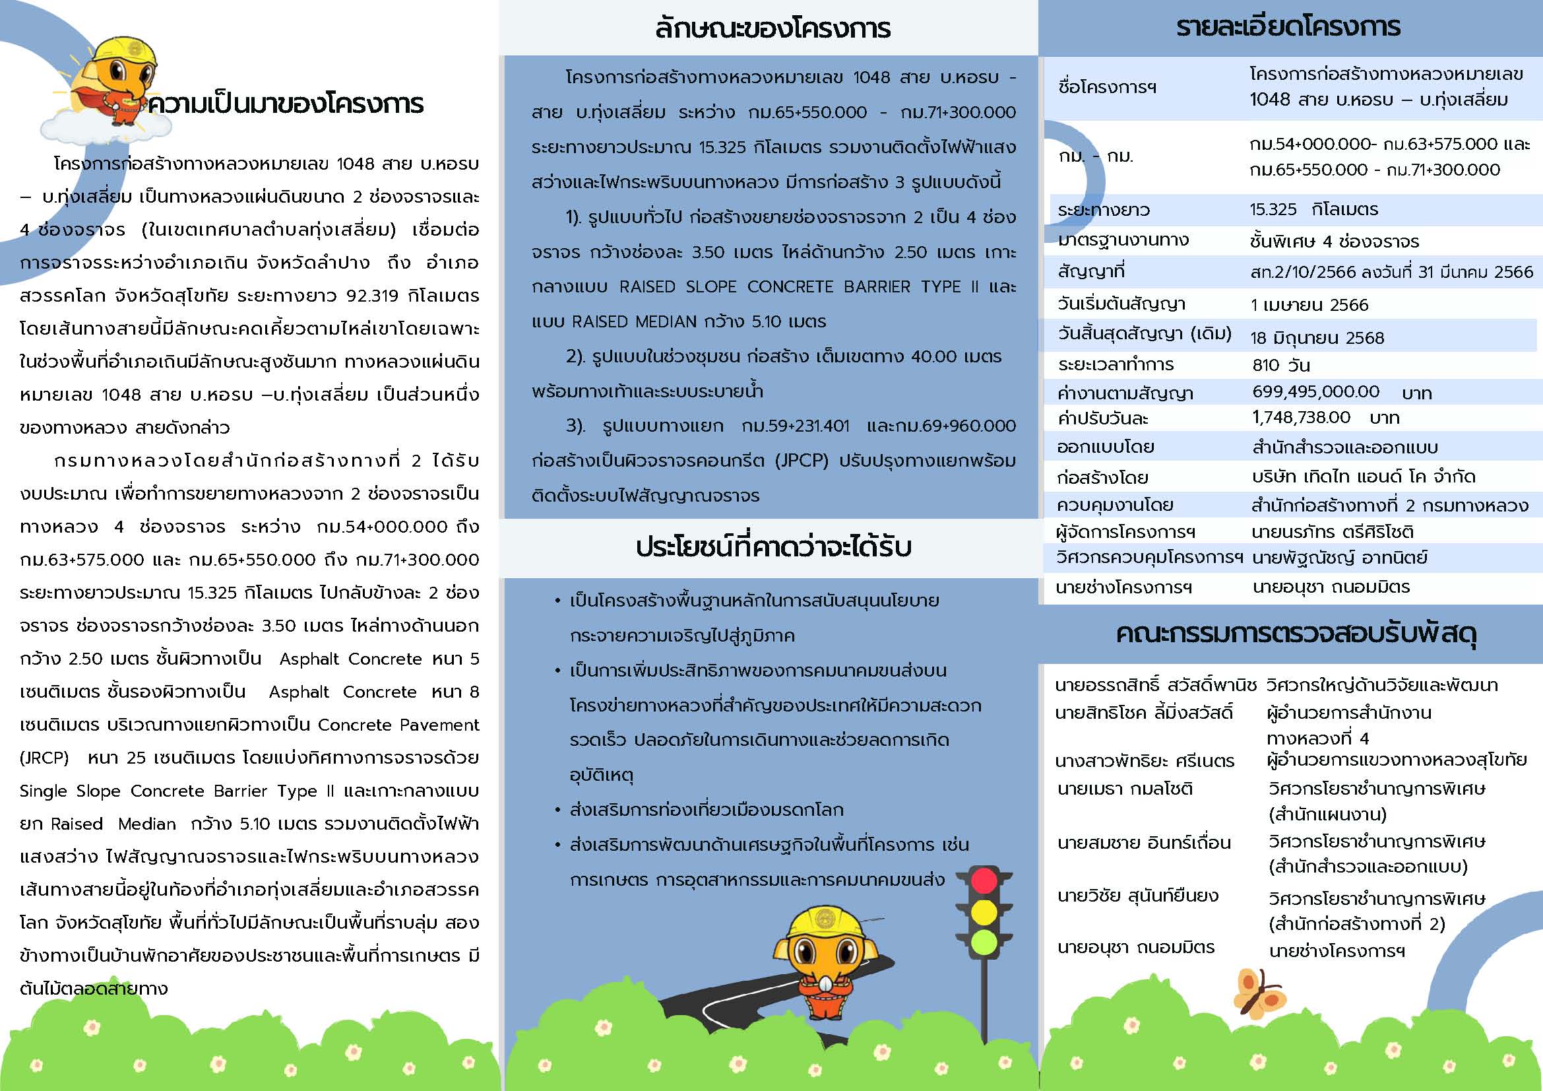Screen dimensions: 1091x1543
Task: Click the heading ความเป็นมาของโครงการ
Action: tap(286, 104)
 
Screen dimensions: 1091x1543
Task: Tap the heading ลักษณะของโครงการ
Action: tap(772, 28)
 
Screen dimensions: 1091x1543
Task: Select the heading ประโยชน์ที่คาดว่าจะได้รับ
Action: tap(773, 547)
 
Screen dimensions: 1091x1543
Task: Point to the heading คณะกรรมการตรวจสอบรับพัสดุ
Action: tap(1296, 634)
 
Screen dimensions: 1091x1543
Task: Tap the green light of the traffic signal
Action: tap(984, 941)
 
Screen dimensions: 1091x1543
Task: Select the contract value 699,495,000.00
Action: tap(1315, 392)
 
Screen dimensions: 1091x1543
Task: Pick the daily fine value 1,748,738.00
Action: tap(1301, 417)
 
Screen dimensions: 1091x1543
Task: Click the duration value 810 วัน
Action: tap(1281, 365)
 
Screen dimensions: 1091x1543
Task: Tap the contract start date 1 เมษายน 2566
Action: tap(1309, 305)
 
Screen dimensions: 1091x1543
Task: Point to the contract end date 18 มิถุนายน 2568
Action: tap(1317, 337)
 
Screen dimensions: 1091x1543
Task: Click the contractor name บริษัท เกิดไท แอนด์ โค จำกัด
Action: tap(1364, 477)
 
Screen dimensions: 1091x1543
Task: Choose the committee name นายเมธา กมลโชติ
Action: tap(1124, 789)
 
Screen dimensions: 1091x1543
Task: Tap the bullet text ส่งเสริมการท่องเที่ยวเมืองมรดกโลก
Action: tap(707, 810)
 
